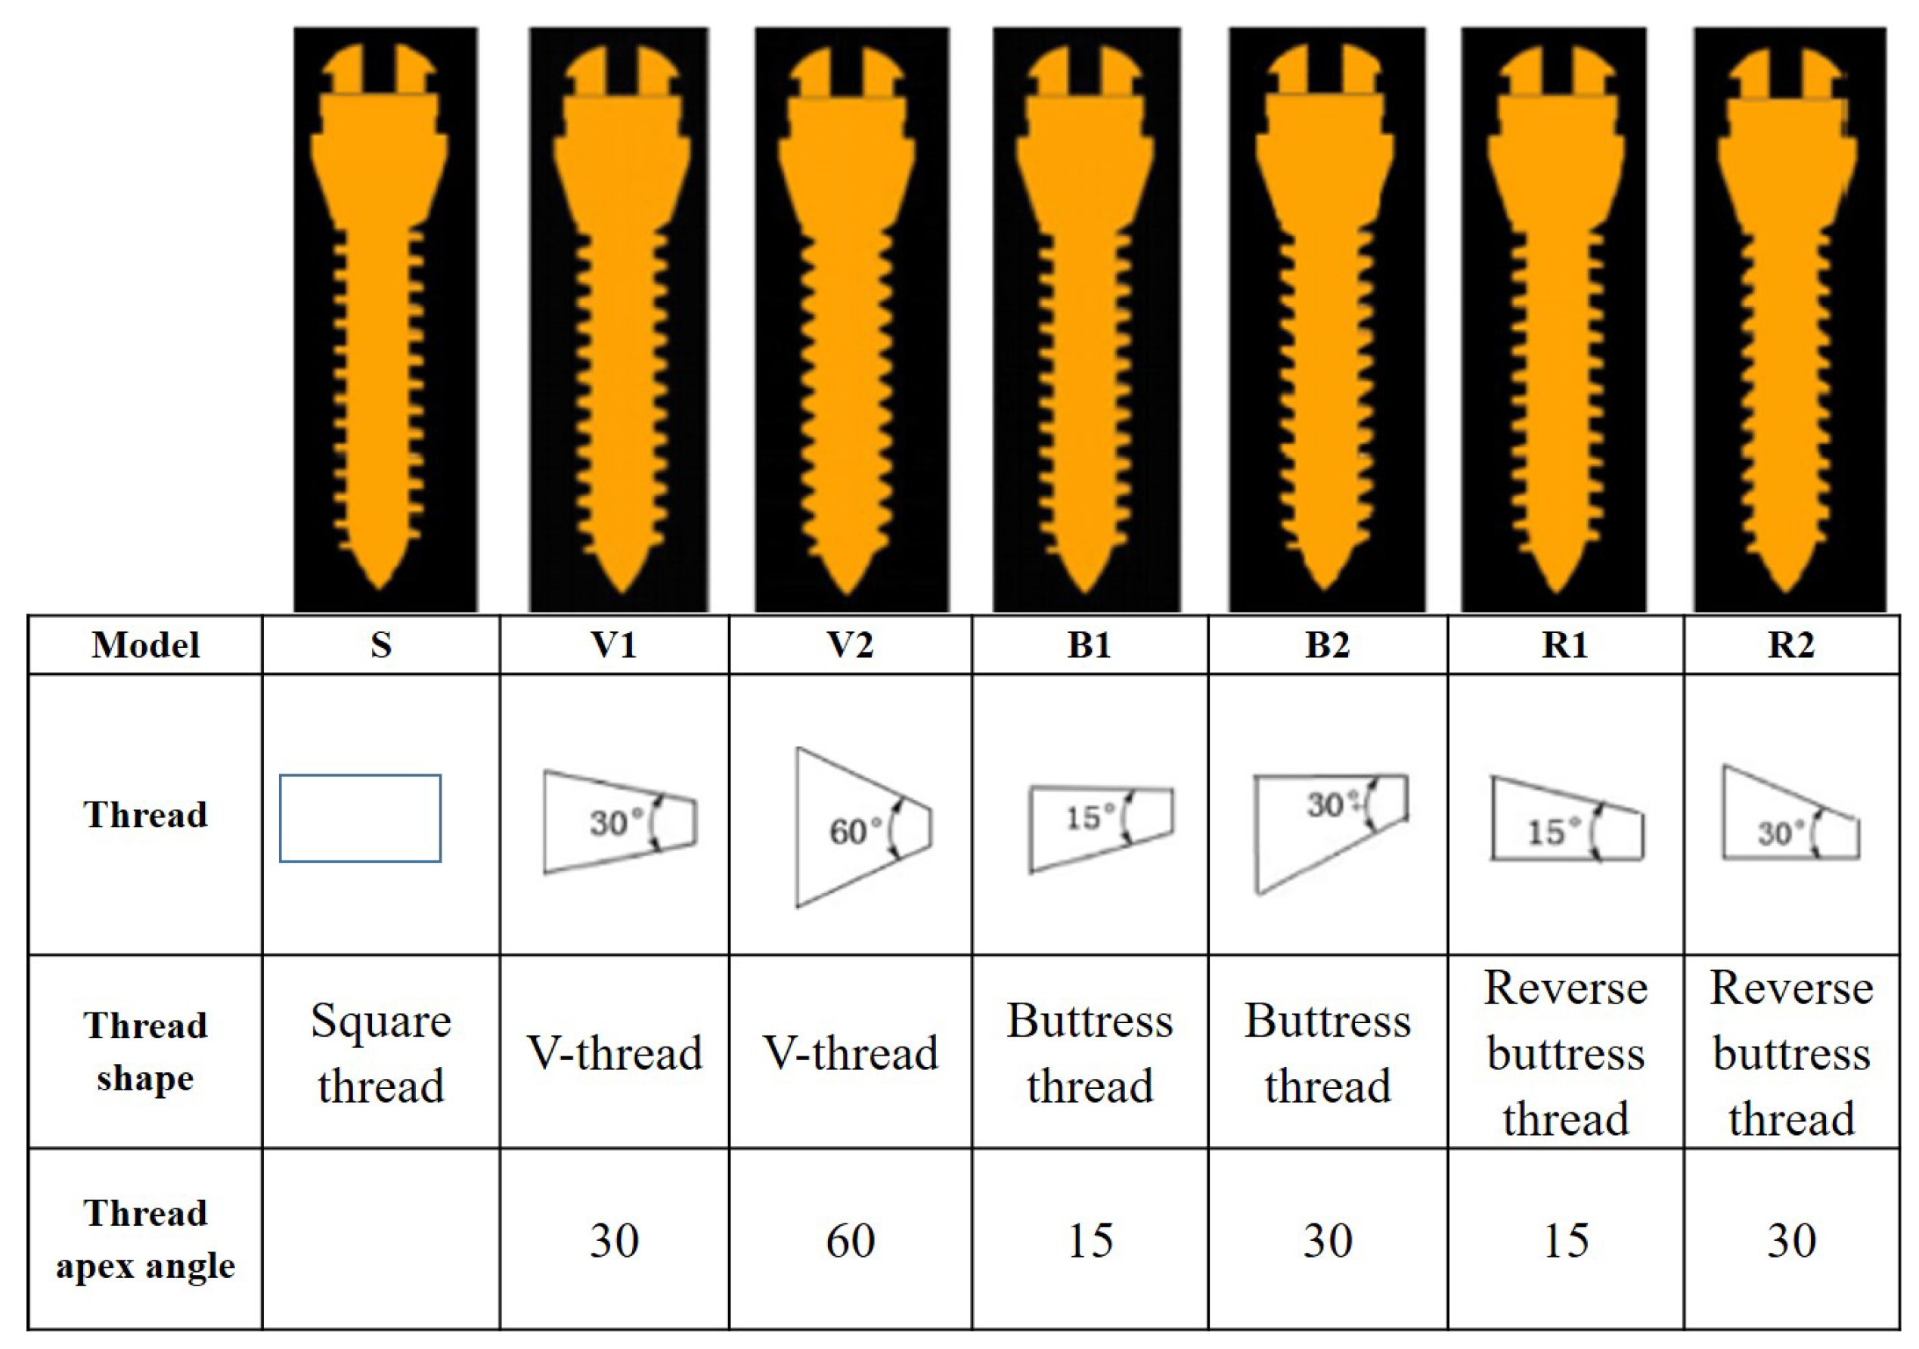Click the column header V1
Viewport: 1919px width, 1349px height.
[x=613, y=645]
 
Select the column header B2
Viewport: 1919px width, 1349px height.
[x=1327, y=645]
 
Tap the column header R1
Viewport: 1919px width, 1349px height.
[x=1564, y=645]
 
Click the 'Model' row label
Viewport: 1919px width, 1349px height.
[x=145, y=645]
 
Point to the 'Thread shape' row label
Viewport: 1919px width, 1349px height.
[x=145, y=1052]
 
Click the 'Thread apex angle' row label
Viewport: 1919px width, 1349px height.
[x=145, y=1239]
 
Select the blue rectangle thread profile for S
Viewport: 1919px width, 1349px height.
[x=360, y=818]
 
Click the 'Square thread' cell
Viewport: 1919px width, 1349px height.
[x=381, y=1053]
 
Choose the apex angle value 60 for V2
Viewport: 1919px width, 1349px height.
[x=850, y=1241]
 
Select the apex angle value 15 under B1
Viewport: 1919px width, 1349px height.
[x=1090, y=1241]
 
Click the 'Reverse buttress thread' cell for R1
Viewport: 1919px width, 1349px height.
[x=1565, y=1053]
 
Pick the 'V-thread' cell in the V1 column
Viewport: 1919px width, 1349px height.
[x=614, y=1053]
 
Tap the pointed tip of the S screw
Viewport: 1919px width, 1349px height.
[x=380, y=585]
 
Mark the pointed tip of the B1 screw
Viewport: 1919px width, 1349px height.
[x=1086, y=588]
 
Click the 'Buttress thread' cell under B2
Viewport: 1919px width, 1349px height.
[x=1327, y=1053]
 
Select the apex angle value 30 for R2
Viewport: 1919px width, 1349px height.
[x=1791, y=1241]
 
